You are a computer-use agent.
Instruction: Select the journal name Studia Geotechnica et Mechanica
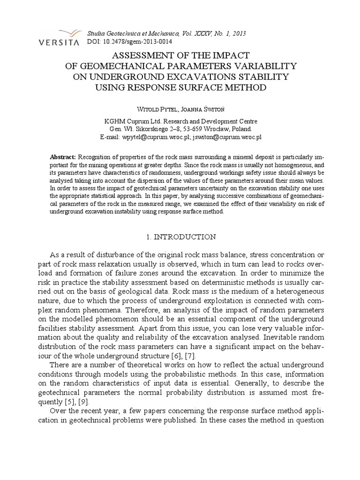pos(139,34)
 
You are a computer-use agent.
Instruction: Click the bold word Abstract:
pos(63,157)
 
